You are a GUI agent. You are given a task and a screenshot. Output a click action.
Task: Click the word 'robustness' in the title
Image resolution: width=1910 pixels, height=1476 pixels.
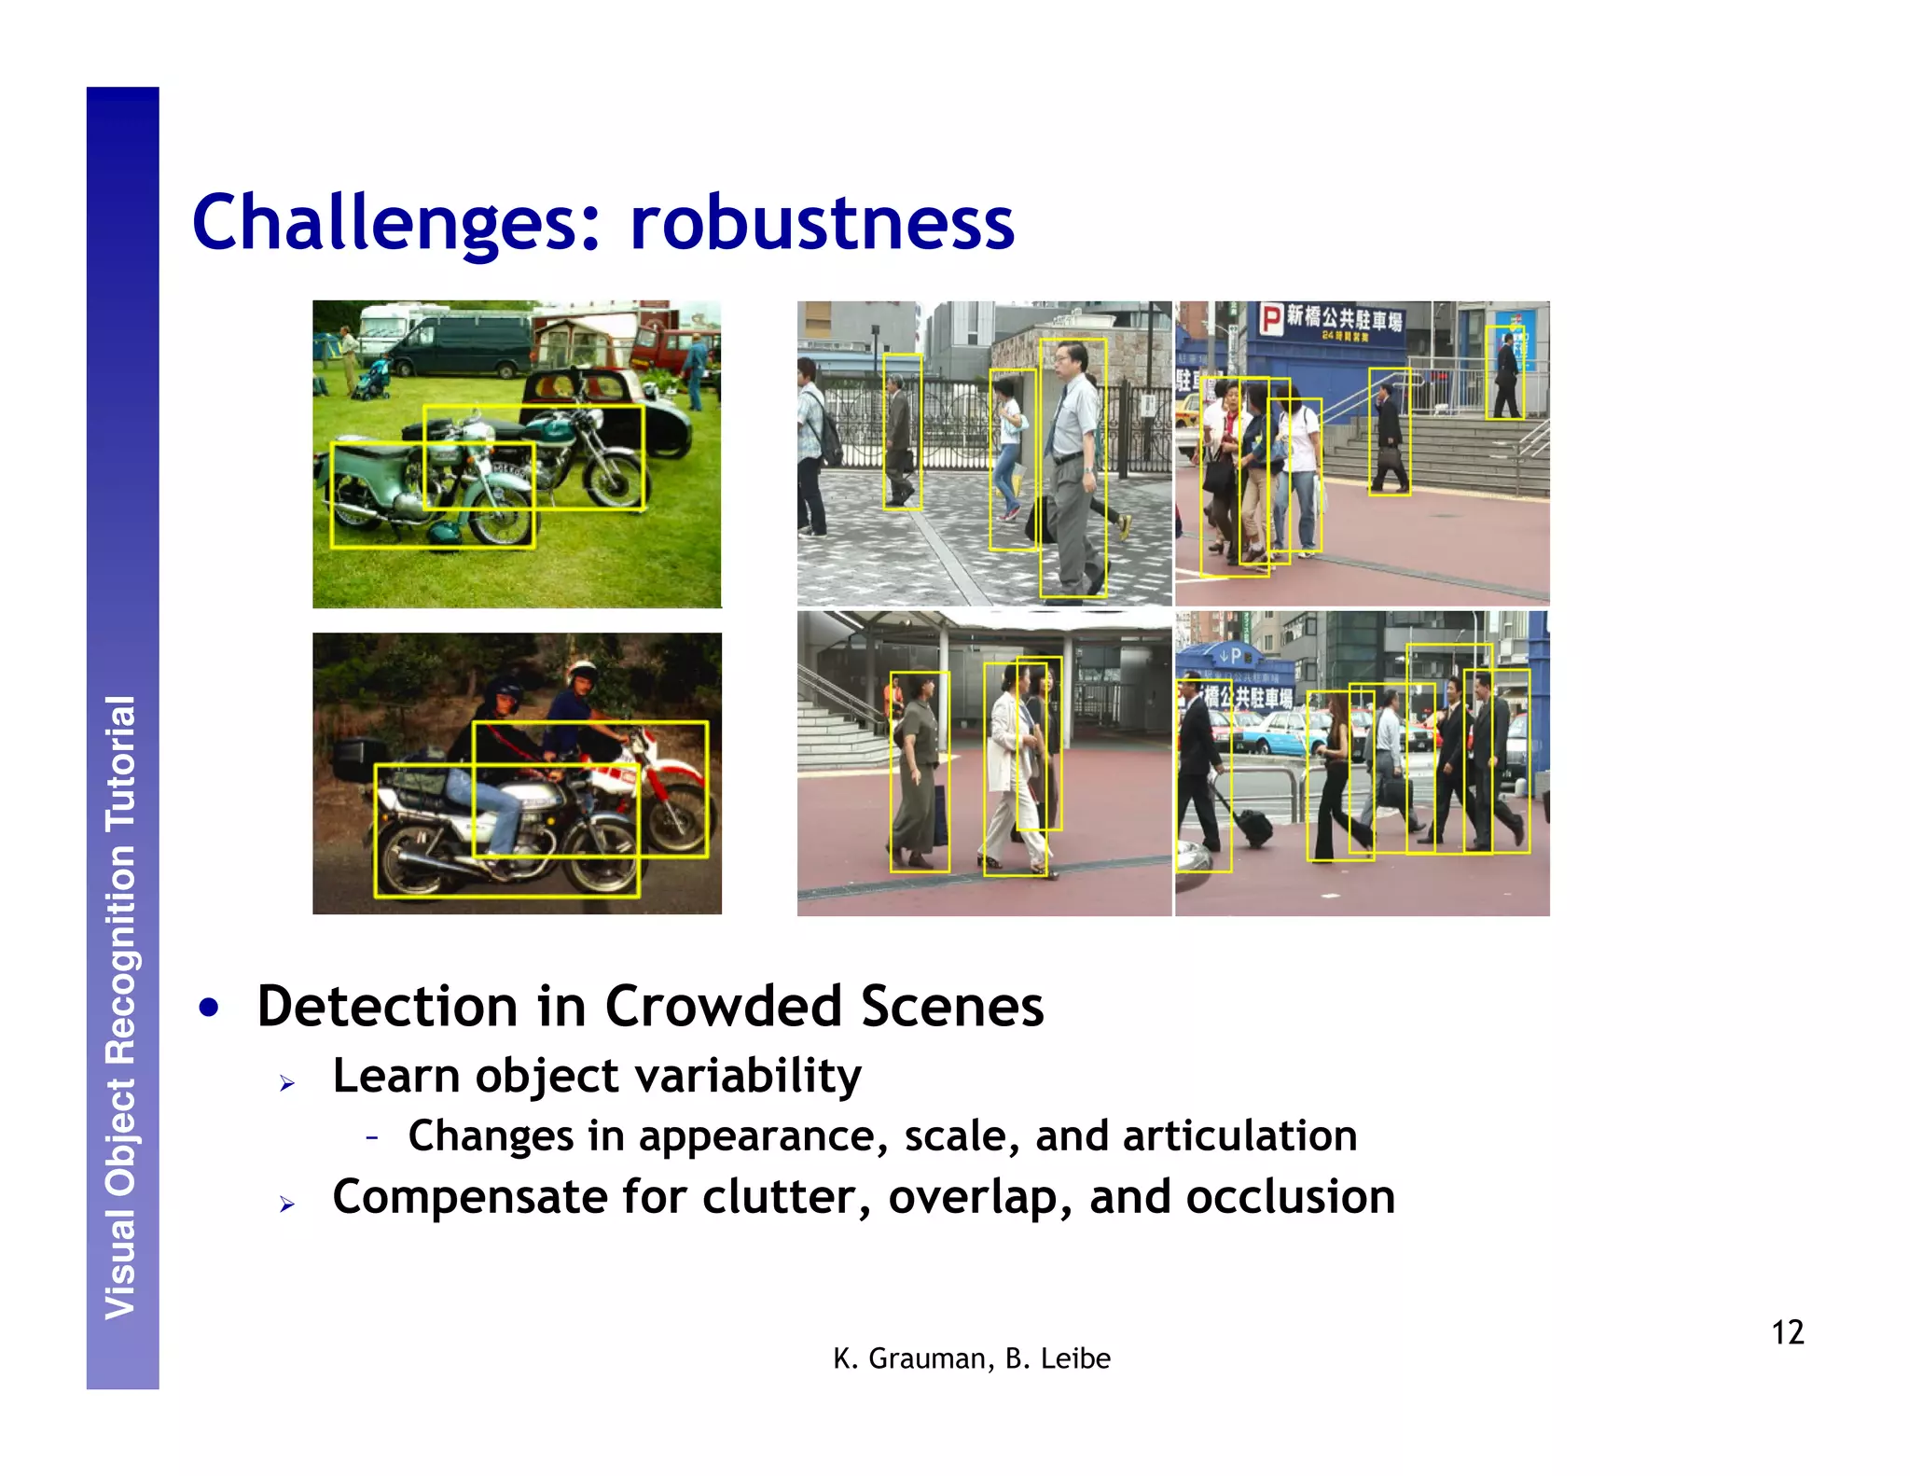click(x=822, y=223)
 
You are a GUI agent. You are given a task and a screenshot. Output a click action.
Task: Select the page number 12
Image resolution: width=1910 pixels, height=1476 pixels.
click(x=1787, y=1332)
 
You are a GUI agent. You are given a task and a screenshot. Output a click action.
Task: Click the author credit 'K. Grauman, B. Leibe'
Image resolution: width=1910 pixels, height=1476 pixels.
click(x=972, y=1358)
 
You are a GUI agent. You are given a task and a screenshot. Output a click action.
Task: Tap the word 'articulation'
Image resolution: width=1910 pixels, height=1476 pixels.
click(x=1239, y=1136)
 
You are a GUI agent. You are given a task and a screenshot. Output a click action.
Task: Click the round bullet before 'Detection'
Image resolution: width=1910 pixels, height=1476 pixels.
click(x=209, y=1009)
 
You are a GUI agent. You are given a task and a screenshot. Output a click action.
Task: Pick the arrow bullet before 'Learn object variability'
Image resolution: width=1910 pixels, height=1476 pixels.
click(x=287, y=1083)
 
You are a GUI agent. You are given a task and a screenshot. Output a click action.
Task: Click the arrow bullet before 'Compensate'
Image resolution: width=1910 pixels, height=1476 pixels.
click(x=287, y=1204)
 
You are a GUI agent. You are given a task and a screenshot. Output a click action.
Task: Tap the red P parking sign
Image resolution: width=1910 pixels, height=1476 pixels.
click(x=1271, y=319)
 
